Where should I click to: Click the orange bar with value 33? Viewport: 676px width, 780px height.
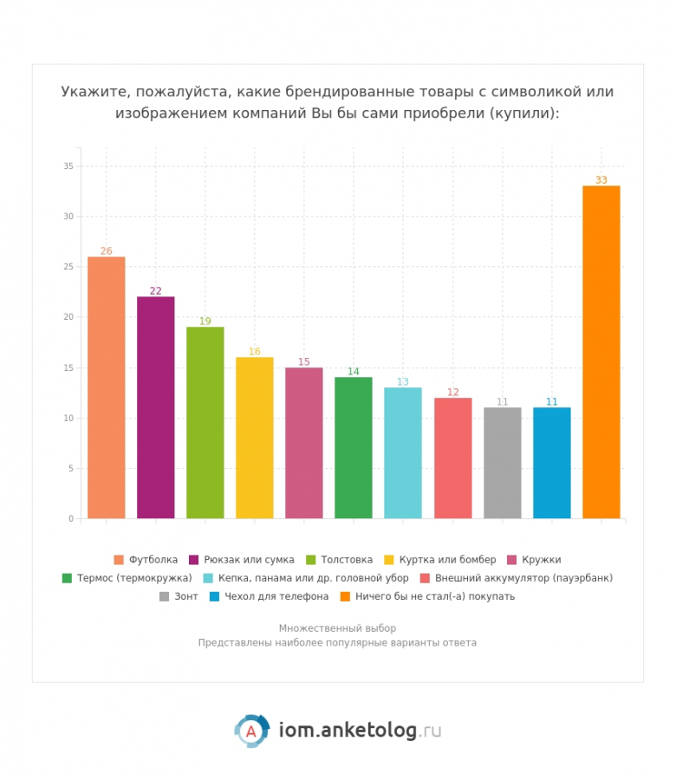pos(601,352)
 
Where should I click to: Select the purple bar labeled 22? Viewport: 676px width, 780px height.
pos(155,407)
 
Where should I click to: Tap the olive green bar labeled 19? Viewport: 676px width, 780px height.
pos(205,423)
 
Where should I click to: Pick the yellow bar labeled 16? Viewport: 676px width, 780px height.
pos(254,438)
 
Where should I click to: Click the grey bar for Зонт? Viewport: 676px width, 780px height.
pos(502,463)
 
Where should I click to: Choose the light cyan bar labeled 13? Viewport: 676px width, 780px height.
pos(402,452)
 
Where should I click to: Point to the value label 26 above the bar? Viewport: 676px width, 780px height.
pos(106,251)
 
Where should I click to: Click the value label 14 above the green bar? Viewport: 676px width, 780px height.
pos(354,372)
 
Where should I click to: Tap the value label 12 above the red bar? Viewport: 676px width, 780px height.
pos(452,392)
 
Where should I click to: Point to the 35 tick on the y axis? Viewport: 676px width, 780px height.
pos(68,166)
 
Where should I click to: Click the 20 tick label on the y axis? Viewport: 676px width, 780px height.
pos(68,317)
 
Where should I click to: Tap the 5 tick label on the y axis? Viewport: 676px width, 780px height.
pos(71,468)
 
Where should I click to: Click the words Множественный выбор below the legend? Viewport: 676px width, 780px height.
pos(337,628)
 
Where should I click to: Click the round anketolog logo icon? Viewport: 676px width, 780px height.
pos(251,731)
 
